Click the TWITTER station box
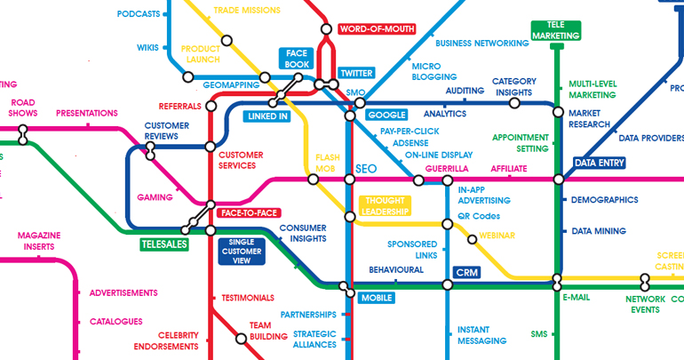(x=356, y=73)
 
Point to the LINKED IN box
(x=267, y=116)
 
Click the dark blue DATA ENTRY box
(x=599, y=163)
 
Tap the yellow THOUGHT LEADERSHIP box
(x=385, y=206)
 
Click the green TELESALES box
(x=164, y=244)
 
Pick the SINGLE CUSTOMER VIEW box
(x=244, y=251)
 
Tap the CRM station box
(x=465, y=272)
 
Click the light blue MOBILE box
(x=376, y=298)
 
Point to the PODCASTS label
(x=139, y=14)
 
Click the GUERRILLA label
(x=447, y=168)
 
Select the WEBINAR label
(x=497, y=236)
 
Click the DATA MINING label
(x=598, y=231)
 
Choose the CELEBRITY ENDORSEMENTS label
(x=166, y=340)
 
